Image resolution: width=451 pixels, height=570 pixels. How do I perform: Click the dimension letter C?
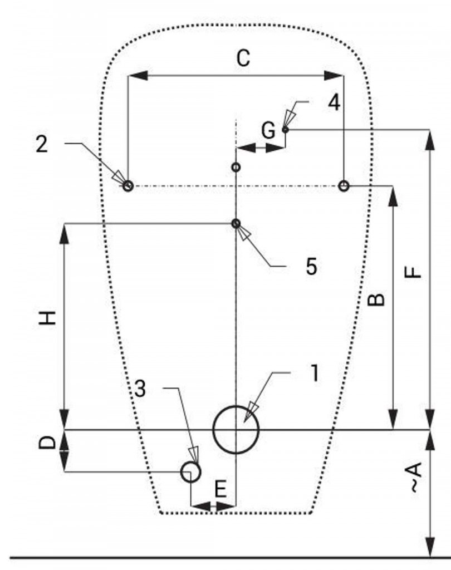[243, 58]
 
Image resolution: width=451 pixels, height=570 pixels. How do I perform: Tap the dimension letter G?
[268, 131]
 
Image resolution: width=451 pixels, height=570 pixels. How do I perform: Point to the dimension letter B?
[377, 299]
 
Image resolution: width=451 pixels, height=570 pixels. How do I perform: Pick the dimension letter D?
[49, 443]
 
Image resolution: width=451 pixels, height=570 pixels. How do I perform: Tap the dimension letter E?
[220, 490]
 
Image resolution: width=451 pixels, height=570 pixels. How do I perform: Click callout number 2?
[42, 144]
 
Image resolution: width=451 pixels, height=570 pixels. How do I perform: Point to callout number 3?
[140, 389]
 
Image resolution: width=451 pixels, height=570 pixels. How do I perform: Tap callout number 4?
[334, 102]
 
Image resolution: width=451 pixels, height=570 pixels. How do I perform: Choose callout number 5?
[311, 267]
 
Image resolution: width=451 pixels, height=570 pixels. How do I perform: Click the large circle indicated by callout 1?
[236, 430]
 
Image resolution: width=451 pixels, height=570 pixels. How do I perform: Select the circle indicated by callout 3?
[191, 472]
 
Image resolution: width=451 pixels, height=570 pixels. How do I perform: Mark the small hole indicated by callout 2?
[128, 186]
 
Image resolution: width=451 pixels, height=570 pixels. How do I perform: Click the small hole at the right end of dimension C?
[344, 186]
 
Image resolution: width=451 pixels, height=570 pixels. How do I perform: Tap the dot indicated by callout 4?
[285, 130]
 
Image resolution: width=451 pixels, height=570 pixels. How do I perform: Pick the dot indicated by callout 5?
[236, 224]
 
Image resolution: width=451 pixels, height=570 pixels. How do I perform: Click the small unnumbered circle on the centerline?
[236, 167]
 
